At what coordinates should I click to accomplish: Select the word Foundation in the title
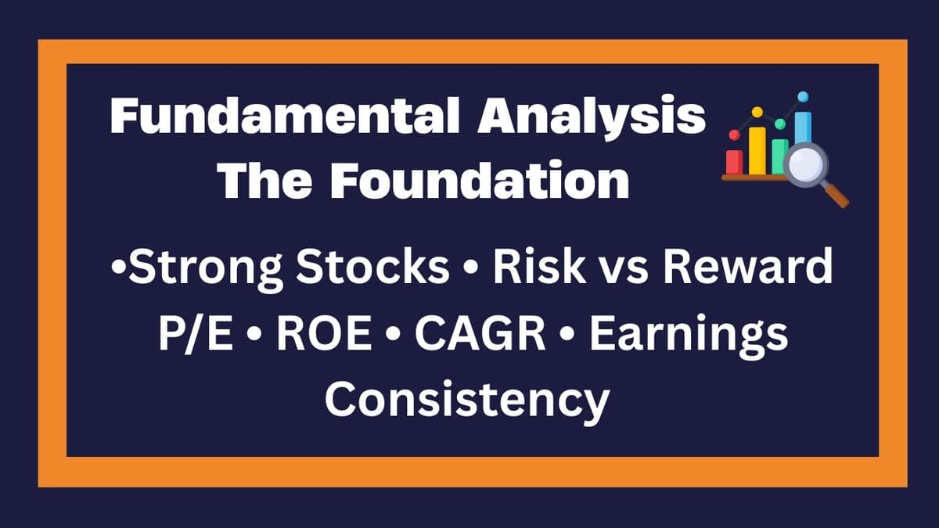coord(480,181)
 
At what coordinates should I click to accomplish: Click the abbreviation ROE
coord(325,334)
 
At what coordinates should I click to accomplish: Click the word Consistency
coord(467,400)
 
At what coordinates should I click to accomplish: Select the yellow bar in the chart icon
coord(757,150)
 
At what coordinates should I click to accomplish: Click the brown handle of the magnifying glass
coord(836,196)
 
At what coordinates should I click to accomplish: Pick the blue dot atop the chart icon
coord(803,97)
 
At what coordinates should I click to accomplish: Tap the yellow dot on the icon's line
coord(757,113)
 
